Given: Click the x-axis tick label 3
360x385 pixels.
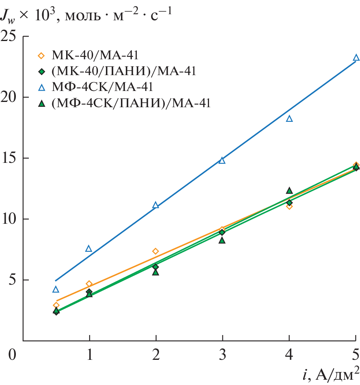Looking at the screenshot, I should (x=222, y=354).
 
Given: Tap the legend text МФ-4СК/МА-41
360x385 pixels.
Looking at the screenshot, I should (x=102, y=87).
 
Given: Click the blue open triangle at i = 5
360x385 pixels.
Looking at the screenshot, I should (x=356, y=58).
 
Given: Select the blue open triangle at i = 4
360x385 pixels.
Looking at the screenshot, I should (x=289, y=119).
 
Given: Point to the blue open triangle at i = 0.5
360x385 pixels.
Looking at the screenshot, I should (x=56, y=289).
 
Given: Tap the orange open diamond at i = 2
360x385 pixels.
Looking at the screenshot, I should (x=155, y=251).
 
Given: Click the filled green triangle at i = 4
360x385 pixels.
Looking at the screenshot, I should (x=289, y=190).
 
